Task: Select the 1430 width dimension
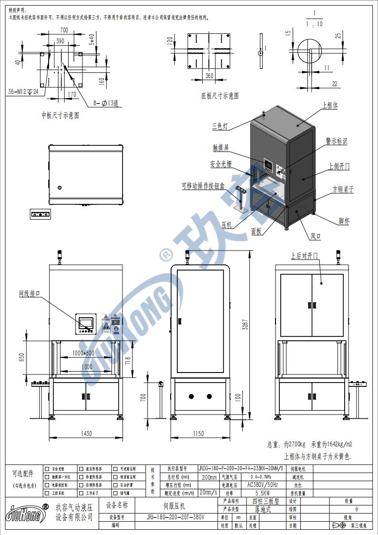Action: (86, 434)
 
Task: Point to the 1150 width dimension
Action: (199, 434)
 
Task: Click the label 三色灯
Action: (220, 127)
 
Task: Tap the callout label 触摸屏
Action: (221, 148)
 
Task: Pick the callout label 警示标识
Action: (337, 141)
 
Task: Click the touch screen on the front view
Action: (86, 321)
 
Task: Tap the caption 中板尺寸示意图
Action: (60, 115)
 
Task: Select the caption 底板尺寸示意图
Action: (219, 96)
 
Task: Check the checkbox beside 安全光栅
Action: (47, 468)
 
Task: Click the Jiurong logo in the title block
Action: (26, 514)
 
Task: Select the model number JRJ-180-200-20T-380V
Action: (175, 517)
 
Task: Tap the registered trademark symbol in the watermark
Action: (165, 254)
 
